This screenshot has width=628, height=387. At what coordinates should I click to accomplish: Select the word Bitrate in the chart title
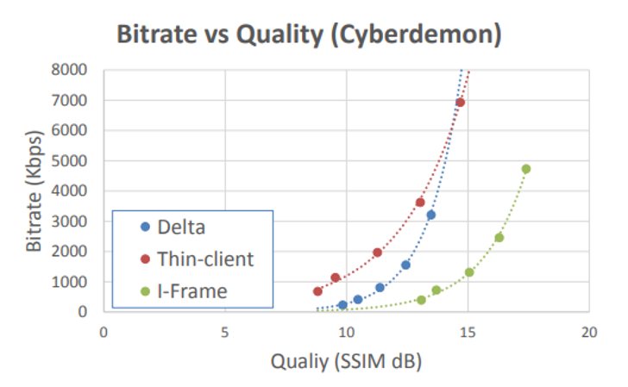click(157, 34)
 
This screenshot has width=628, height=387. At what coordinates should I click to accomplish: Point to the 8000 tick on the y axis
click(69, 70)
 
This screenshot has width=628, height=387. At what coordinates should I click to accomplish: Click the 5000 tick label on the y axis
click(69, 161)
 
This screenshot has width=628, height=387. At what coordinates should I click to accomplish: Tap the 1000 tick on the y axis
click(69, 282)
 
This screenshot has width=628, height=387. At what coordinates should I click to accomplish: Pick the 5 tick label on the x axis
click(224, 332)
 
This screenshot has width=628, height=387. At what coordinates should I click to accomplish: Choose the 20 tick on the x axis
click(588, 332)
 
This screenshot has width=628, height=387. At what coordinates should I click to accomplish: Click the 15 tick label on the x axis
click(468, 332)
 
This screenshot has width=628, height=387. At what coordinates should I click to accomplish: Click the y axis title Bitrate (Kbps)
click(34, 190)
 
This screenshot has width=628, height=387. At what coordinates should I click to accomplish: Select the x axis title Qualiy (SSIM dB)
click(347, 361)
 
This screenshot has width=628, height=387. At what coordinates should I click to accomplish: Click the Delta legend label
click(181, 228)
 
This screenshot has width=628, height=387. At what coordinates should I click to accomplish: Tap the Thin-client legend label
click(205, 259)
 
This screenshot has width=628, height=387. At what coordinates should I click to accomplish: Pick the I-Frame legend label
click(192, 291)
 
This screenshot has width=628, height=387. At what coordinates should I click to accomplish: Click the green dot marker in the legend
click(146, 291)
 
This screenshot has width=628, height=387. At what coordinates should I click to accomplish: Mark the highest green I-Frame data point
click(526, 169)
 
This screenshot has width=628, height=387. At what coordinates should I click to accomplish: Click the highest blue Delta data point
click(431, 215)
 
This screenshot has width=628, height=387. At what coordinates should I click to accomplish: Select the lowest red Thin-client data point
click(317, 291)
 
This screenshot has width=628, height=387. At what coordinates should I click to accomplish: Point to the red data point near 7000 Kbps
click(460, 103)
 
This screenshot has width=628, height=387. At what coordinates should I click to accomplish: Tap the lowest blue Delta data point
click(342, 305)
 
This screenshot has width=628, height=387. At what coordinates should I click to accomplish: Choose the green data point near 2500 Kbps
click(499, 238)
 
